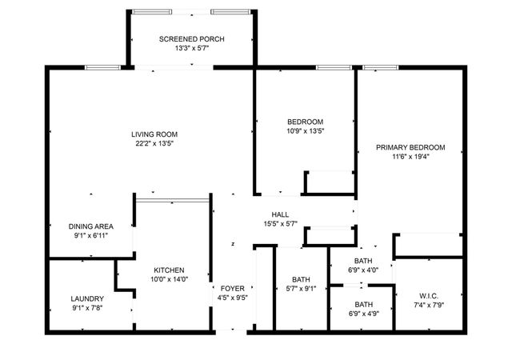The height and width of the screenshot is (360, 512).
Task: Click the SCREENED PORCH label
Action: (191, 39)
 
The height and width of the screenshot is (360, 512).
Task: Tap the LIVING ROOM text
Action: (154, 134)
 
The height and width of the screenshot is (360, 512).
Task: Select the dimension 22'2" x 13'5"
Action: (154, 144)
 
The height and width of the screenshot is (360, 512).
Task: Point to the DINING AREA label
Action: (90, 226)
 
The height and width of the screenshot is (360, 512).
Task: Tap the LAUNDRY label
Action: (87, 298)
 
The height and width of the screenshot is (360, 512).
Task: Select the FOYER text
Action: (232, 288)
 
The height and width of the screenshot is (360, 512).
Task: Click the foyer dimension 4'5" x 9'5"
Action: (232, 298)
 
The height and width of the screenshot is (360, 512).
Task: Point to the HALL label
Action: (280, 214)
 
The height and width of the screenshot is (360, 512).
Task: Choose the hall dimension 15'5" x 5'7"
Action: (280, 224)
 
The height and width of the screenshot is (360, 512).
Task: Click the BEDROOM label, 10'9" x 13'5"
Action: (305, 121)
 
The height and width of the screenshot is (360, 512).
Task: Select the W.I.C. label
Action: (428, 296)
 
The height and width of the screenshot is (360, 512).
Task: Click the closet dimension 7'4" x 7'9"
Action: (428, 306)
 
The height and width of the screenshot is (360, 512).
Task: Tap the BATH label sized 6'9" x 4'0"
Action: (364, 261)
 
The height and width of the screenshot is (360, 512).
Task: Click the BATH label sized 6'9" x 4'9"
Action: (364, 304)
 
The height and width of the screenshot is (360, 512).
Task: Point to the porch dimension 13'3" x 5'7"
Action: (191, 49)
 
